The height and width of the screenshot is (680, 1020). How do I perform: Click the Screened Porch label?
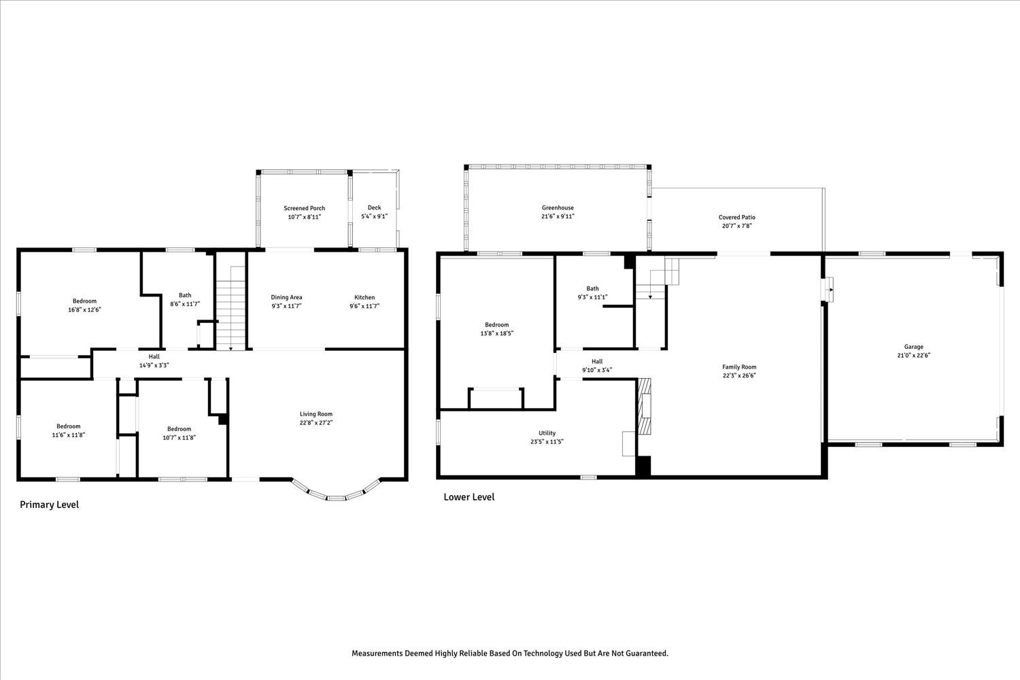304,208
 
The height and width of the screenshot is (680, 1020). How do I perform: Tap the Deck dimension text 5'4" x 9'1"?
374,216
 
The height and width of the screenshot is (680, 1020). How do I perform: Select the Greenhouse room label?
558,207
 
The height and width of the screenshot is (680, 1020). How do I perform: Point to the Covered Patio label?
736,217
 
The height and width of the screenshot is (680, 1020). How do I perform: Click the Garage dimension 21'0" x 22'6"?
913,355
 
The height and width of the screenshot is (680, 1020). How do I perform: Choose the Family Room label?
739,367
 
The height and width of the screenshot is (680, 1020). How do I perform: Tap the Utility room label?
547,433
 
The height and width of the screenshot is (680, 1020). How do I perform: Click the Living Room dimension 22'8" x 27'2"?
316,423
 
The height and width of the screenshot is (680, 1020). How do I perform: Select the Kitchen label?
364,297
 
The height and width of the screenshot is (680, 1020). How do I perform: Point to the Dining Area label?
286,297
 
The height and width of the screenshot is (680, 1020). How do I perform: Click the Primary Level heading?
49,505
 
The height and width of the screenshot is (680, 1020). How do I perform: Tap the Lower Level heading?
469,497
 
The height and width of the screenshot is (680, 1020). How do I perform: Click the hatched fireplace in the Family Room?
645,406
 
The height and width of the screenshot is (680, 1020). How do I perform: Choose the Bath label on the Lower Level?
592,288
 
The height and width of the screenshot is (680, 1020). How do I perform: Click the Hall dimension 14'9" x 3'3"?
154,365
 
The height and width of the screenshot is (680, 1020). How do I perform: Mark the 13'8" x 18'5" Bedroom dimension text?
497,333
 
